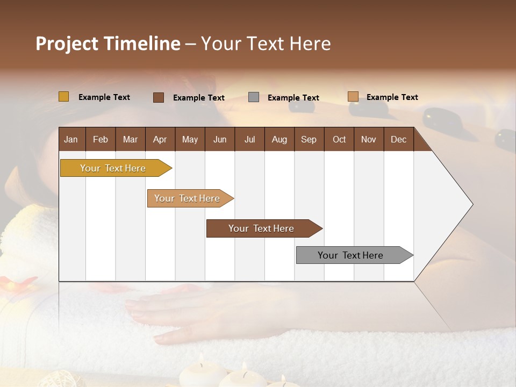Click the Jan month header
pyautogui.click(x=71, y=140)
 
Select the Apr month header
pyautogui.click(x=160, y=140)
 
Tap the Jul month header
pyautogui.click(x=249, y=140)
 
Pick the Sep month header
pyautogui.click(x=309, y=140)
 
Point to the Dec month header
pyautogui.click(x=398, y=140)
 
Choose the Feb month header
pyautogui.click(x=101, y=140)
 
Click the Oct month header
pyautogui.click(x=339, y=140)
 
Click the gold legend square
pyautogui.click(x=64, y=97)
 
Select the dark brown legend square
pyautogui.click(x=159, y=97)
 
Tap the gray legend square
pyautogui.click(x=254, y=97)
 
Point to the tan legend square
pyautogui.click(x=353, y=97)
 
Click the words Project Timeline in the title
pyautogui.click(x=108, y=44)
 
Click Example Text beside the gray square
pyautogui.click(x=293, y=98)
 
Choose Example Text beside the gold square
pyautogui.click(x=104, y=97)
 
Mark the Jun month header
pyautogui.click(x=220, y=140)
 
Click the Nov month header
pyautogui.click(x=369, y=140)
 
